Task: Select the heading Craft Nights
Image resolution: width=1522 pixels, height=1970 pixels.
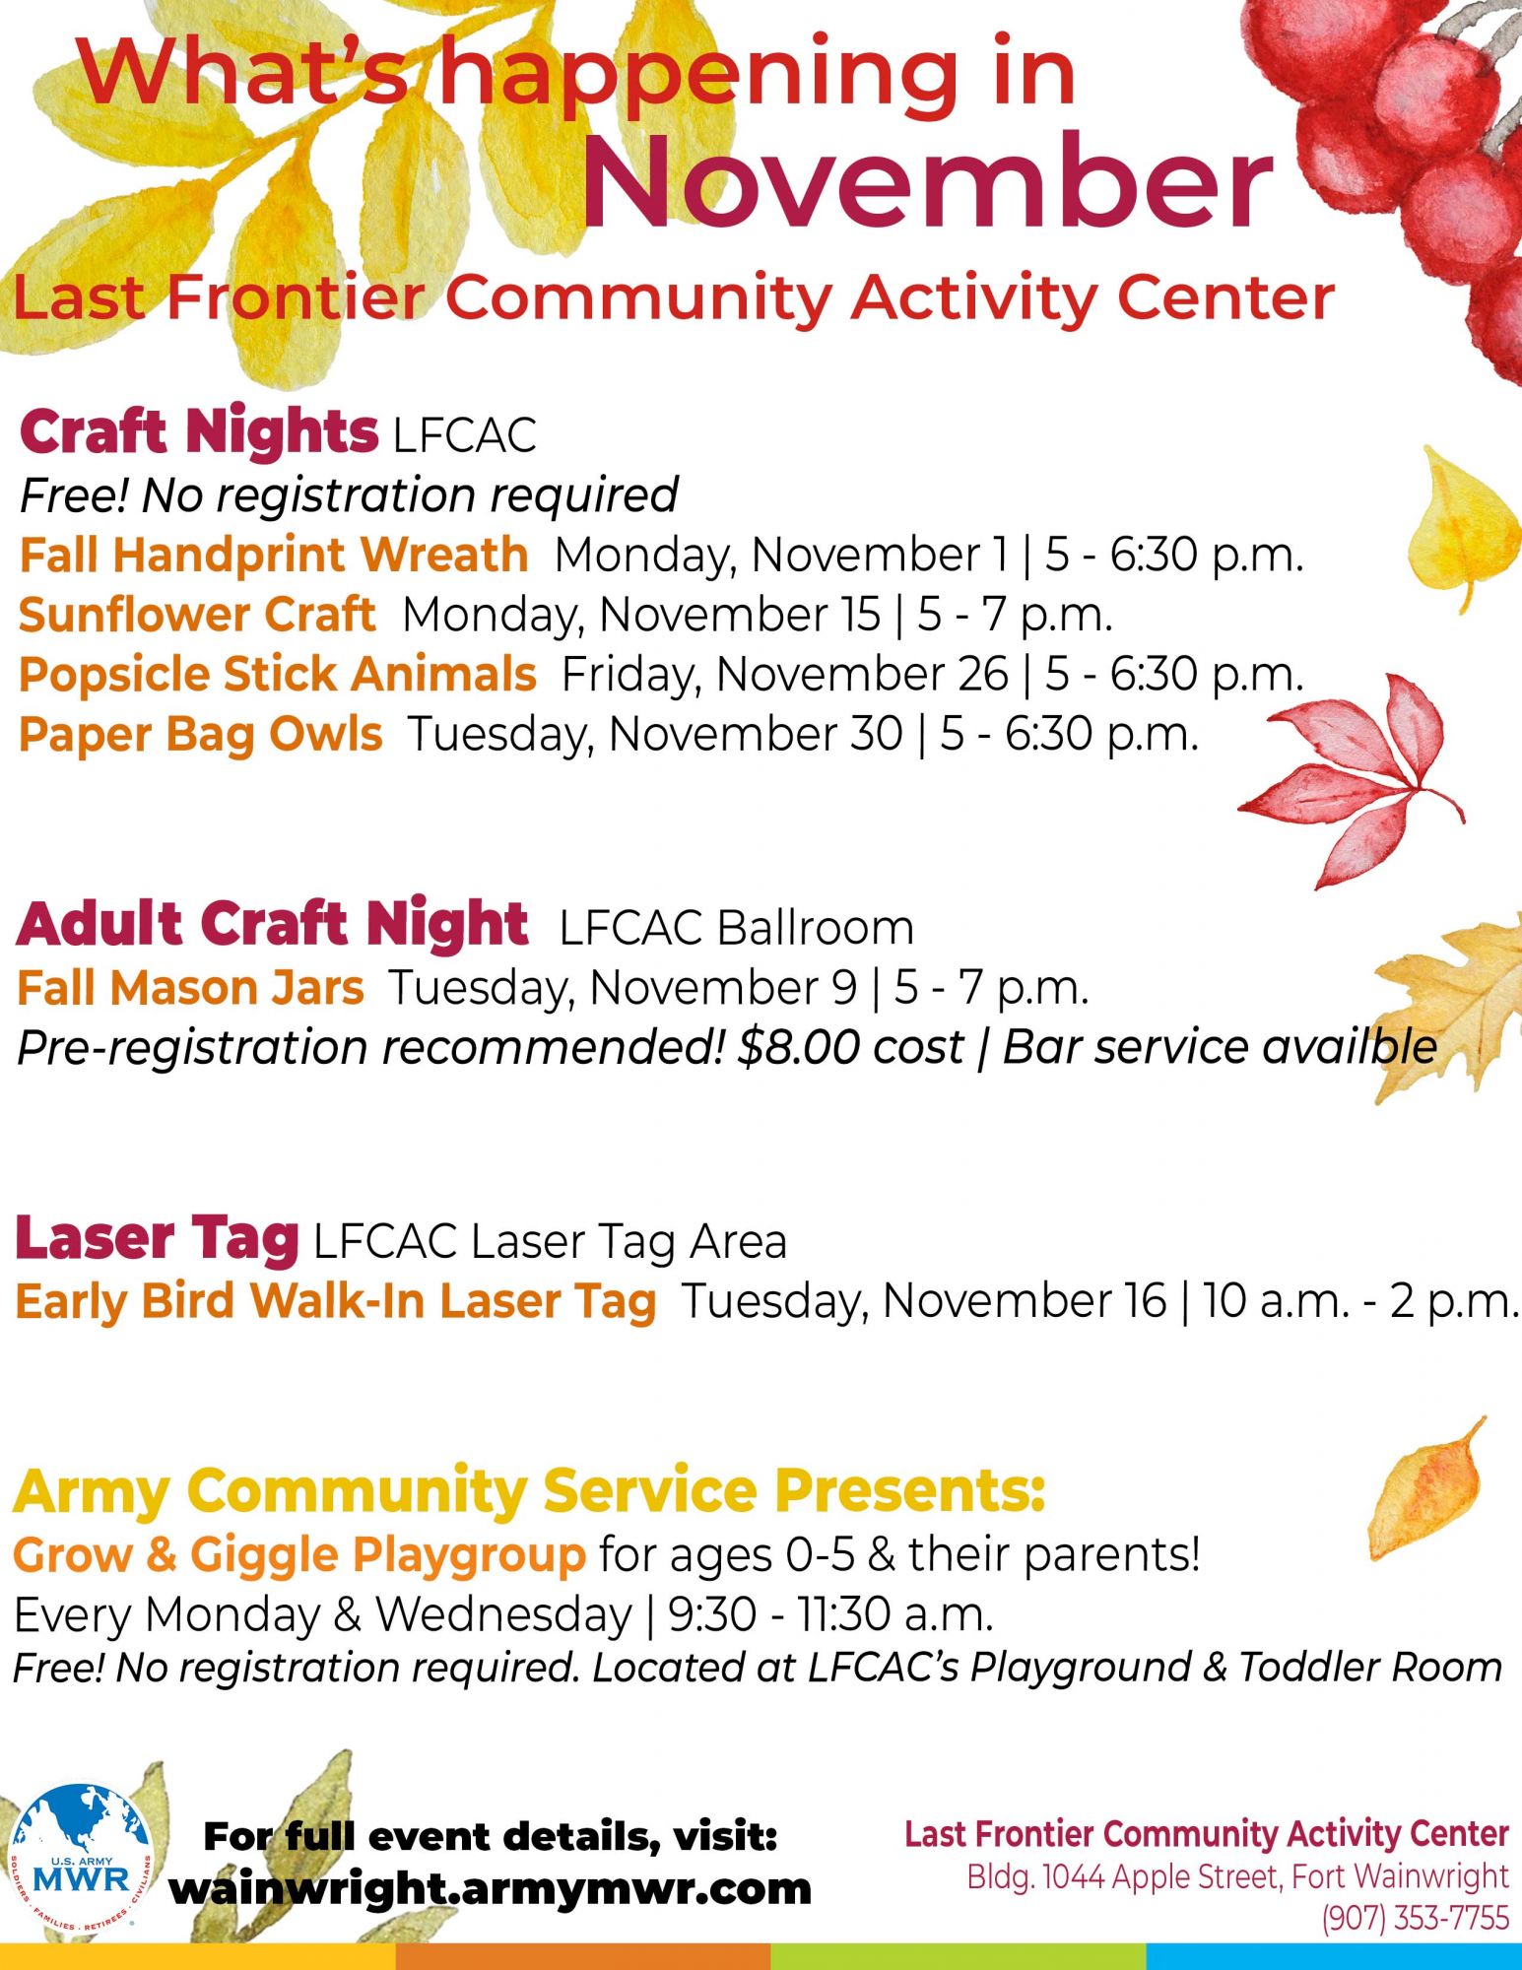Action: (x=198, y=432)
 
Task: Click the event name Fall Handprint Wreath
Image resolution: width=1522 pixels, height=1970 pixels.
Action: (x=274, y=555)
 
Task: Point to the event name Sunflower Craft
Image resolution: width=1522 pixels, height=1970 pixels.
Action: (x=197, y=615)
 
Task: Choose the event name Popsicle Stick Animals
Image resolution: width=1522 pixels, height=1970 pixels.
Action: (x=278, y=675)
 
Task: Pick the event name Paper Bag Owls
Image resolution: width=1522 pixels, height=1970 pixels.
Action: (x=201, y=735)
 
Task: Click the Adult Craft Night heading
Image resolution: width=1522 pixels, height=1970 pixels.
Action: (x=272, y=924)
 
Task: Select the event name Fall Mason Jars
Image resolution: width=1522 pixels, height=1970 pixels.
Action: (x=190, y=988)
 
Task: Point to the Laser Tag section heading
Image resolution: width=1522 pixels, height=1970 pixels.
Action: (x=157, y=1239)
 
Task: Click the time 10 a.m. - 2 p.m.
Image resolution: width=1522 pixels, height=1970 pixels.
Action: (x=1360, y=1301)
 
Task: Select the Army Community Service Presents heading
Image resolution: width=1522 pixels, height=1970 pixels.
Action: (x=529, y=1492)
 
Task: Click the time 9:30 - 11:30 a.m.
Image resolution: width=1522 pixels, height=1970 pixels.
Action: (x=830, y=1614)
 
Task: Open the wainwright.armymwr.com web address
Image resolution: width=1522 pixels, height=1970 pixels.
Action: (x=490, y=1889)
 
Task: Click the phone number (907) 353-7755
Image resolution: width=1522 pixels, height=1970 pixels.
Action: (x=1416, y=1918)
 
